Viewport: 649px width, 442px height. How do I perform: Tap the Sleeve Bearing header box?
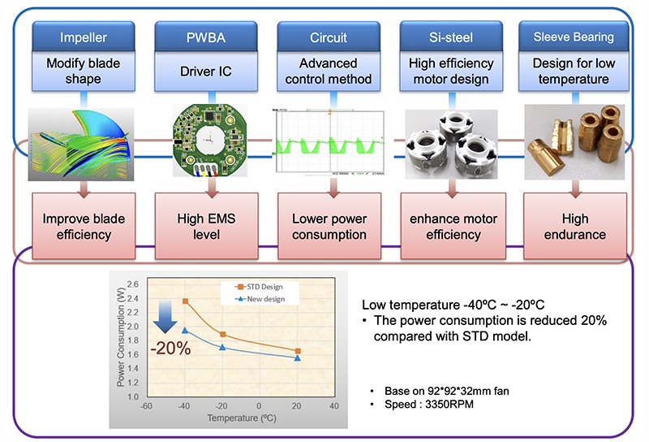pos(573,37)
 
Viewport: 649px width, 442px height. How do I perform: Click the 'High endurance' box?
pos(573,227)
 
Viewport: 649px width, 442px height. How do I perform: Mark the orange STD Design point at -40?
pos(185,301)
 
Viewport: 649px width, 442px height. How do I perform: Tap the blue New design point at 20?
pos(298,358)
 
